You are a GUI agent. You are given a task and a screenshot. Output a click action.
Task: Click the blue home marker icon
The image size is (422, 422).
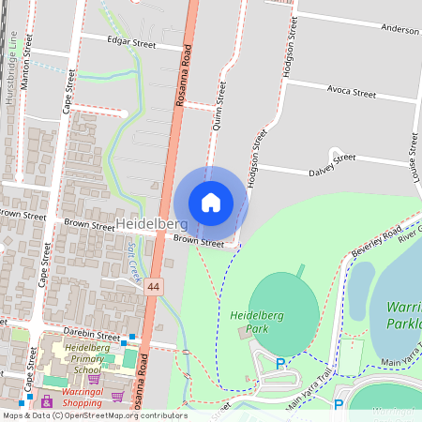[211, 203]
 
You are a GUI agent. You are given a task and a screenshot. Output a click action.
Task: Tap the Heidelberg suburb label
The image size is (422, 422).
[152, 225]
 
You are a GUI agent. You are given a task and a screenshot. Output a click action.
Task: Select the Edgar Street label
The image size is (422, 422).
[130, 43]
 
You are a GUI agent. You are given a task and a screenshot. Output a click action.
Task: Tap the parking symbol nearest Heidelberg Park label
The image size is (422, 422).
[279, 363]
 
